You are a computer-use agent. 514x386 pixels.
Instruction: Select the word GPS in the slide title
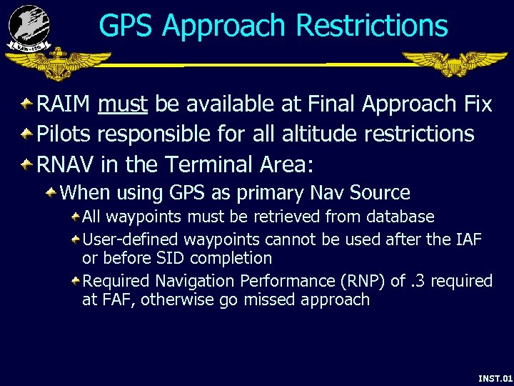[x=126, y=26]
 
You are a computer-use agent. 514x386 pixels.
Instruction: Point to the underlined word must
[x=123, y=104]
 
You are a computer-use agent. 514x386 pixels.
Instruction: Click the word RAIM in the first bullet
[x=63, y=104]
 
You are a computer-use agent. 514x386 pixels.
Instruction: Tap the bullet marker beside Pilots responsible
[x=26, y=134]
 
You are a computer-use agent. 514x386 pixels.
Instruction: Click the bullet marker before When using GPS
[x=52, y=192]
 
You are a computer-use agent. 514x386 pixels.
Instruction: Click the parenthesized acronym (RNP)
[x=362, y=281]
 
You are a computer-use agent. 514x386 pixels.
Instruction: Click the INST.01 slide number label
[x=495, y=377]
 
